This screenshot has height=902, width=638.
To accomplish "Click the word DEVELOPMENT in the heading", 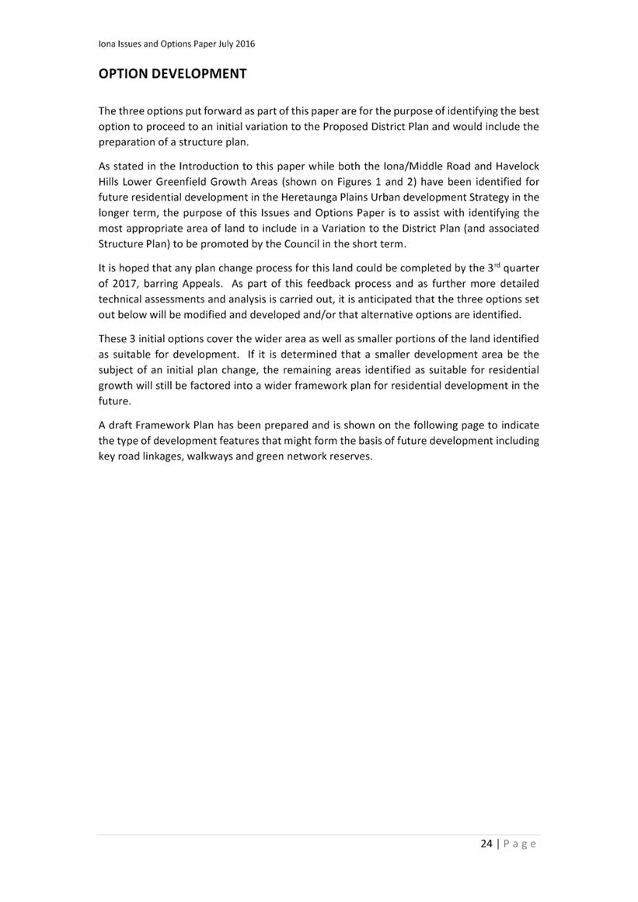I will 200,74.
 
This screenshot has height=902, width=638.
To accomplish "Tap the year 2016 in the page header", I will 244,44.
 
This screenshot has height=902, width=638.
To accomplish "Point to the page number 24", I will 486,844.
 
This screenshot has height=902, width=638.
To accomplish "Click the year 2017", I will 127,284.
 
